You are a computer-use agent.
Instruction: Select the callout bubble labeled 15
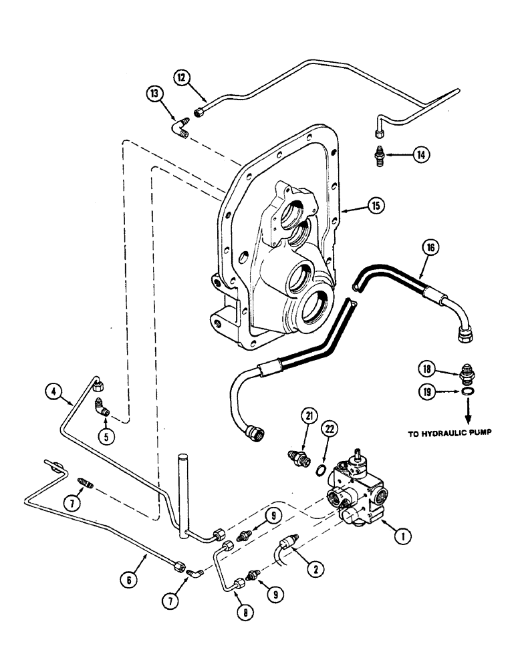click(x=376, y=207)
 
